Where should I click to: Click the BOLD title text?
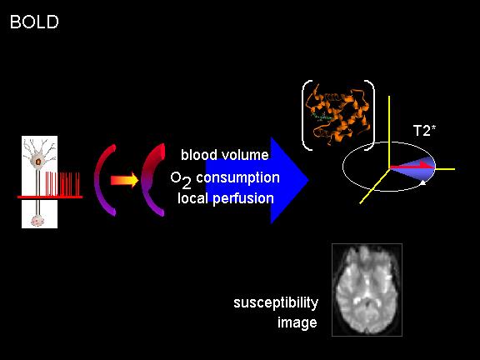tap(34, 22)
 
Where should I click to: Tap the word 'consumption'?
tap(237, 177)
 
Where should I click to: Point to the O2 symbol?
tap(181, 180)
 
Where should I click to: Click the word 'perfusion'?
tap(243, 199)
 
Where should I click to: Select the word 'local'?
tap(193, 198)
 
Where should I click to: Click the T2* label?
tap(424, 131)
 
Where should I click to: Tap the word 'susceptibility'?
tap(276, 303)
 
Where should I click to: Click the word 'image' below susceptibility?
tap(297, 323)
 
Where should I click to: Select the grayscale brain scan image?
tap(367, 290)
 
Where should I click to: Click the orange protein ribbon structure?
tap(337, 115)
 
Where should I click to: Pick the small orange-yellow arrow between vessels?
tap(125, 180)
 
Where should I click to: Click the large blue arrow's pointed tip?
tap(308, 180)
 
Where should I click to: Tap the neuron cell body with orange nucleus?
tap(38, 162)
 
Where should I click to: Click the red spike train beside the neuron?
tap(62, 183)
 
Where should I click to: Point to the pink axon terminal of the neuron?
tap(37, 220)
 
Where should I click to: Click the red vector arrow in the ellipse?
tap(411, 166)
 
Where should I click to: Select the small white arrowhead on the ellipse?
tap(422, 182)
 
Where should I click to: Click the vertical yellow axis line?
tap(389, 132)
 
